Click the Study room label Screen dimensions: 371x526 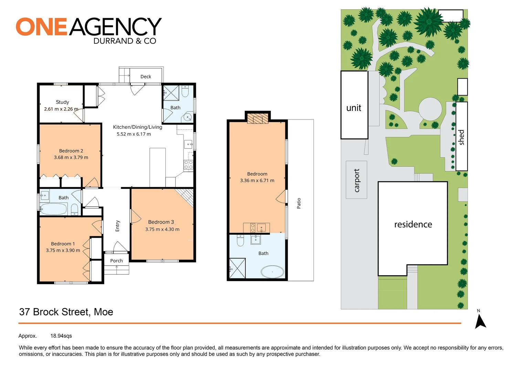pyautogui.click(x=62, y=102)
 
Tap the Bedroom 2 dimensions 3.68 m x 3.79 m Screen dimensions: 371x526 pyautogui.click(x=71, y=158)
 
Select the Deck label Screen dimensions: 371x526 pyautogui.click(x=146, y=77)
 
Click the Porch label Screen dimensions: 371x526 pyautogui.click(x=116, y=261)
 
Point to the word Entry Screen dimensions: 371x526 pyautogui.click(x=117, y=226)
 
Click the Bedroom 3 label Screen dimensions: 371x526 pyautogui.click(x=161, y=222)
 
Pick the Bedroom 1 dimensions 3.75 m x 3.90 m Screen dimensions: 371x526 pyautogui.click(x=63, y=250)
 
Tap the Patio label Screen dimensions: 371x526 pyautogui.click(x=299, y=203)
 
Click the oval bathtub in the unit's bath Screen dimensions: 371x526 pyautogui.click(x=272, y=271)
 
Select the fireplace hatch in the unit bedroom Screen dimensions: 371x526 pyautogui.click(x=257, y=119)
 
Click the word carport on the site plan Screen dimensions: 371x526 pyautogui.click(x=357, y=180)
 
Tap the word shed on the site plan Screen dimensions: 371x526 pyautogui.click(x=462, y=137)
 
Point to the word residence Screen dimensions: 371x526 pyautogui.click(x=413, y=224)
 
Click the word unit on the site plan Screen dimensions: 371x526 pyautogui.click(x=354, y=108)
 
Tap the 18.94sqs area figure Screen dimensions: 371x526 pyautogui.click(x=61, y=336)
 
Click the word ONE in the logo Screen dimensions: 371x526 pyautogui.click(x=41, y=27)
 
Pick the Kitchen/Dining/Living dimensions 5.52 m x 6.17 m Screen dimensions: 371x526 pyautogui.click(x=134, y=134)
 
